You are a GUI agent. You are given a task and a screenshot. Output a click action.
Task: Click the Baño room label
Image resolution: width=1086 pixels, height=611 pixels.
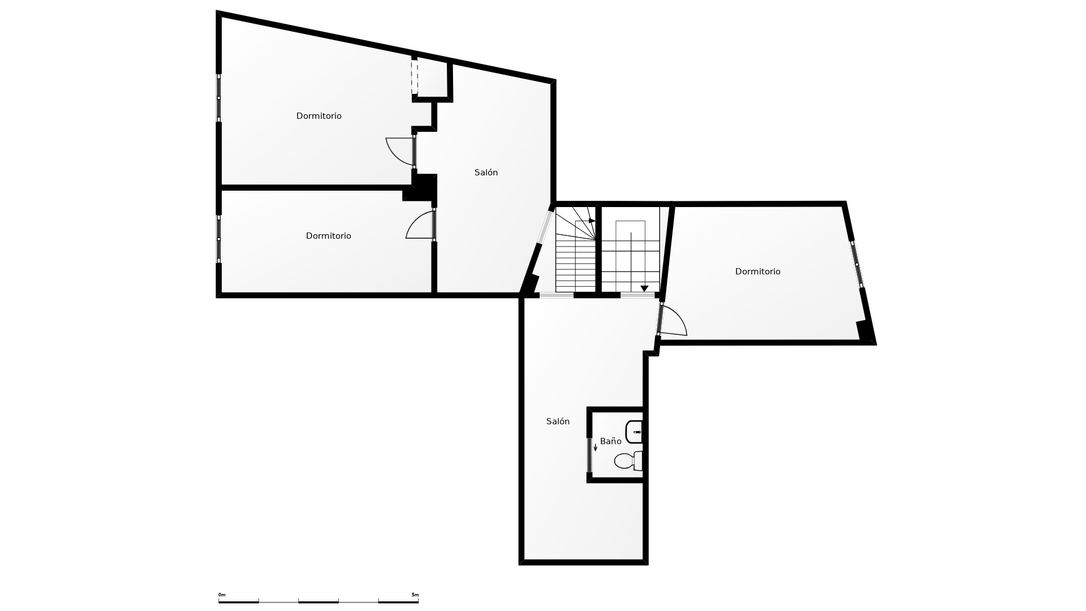(x=610, y=441)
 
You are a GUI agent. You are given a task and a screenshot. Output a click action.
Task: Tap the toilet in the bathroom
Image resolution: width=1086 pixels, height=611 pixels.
(x=628, y=461)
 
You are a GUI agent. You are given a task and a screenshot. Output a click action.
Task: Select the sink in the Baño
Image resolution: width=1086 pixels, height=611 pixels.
(x=634, y=432)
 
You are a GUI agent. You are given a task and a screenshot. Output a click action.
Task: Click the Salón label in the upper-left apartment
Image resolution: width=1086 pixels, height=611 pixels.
(x=486, y=173)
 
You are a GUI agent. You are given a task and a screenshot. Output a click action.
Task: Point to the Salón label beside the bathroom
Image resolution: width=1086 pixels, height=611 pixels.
(x=558, y=421)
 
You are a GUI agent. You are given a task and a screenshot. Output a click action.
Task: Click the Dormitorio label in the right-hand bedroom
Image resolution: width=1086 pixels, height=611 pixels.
(x=757, y=272)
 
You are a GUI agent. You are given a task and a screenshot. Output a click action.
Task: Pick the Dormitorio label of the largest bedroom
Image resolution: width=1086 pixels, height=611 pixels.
(x=319, y=116)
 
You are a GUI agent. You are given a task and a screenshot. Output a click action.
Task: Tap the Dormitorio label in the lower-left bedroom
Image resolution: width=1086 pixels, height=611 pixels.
(x=329, y=236)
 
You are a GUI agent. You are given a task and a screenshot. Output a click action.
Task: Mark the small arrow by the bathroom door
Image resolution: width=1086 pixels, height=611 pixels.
(x=595, y=447)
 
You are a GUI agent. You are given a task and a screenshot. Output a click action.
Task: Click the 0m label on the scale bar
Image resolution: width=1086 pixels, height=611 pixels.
(x=222, y=595)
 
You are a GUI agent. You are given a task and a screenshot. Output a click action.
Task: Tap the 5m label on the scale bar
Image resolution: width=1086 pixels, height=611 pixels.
(x=415, y=595)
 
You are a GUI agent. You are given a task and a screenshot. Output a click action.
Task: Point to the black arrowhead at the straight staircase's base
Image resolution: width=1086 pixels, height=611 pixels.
(x=644, y=289)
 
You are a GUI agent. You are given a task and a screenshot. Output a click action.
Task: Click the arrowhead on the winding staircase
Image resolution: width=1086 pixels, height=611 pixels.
(x=592, y=221)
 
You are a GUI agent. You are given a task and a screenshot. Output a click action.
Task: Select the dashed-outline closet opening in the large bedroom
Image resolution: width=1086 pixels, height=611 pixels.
(x=414, y=77)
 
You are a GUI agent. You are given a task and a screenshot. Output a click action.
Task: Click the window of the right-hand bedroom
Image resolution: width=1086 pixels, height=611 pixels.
(x=857, y=265)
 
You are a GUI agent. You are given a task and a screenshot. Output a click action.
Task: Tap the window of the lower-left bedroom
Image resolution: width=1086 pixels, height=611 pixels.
(x=219, y=239)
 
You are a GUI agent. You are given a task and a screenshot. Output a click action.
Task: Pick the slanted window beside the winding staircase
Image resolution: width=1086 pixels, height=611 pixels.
(x=545, y=226)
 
